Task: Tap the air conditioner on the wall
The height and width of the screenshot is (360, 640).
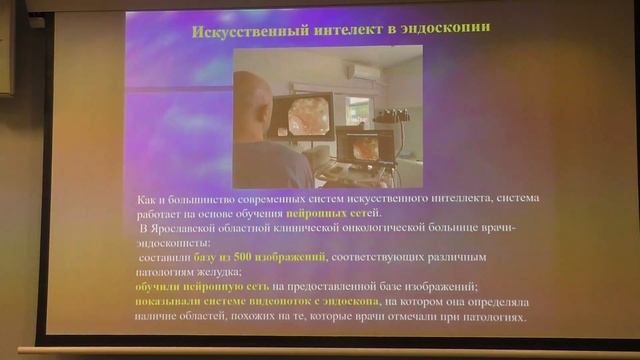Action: click(363, 72)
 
